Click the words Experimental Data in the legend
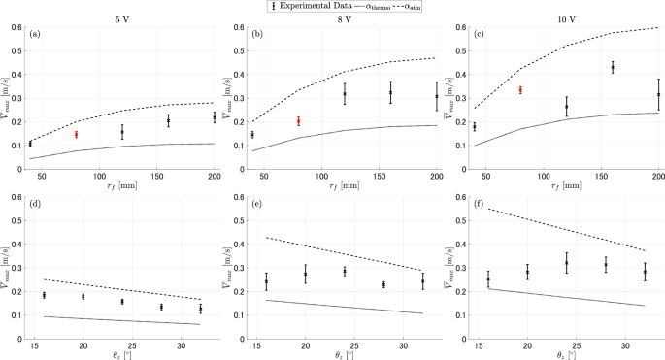[x=321, y=6]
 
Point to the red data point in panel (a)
[x=76, y=134]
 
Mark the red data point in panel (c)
[x=520, y=90]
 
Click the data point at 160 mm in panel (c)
[x=613, y=67]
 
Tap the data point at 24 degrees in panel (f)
[x=566, y=263]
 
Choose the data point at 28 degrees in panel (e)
[x=383, y=284]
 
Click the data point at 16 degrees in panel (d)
[x=43, y=295]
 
